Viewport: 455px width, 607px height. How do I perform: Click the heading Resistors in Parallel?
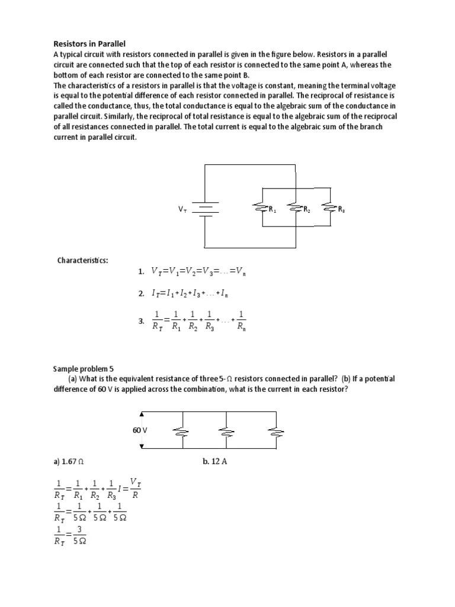(x=89, y=44)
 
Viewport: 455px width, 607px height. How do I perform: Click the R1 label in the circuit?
(x=273, y=209)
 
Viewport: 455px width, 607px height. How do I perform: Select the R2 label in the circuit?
(x=306, y=209)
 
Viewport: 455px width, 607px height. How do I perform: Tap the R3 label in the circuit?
(x=341, y=209)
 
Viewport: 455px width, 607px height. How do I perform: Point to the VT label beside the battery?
(x=182, y=209)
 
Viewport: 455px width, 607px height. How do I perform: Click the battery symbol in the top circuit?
(x=206, y=208)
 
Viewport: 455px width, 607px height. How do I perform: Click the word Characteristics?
(x=82, y=260)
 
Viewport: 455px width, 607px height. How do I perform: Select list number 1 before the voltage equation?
(x=141, y=271)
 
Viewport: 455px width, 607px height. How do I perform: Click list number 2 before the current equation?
(x=141, y=293)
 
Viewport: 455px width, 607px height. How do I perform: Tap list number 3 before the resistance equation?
(x=141, y=321)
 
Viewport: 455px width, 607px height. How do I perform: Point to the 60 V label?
(x=139, y=430)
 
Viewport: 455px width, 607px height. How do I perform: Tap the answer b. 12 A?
(x=214, y=461)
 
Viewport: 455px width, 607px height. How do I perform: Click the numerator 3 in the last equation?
(x=79, y=529)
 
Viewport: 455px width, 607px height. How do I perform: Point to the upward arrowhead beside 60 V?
(x=141, y=415)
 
